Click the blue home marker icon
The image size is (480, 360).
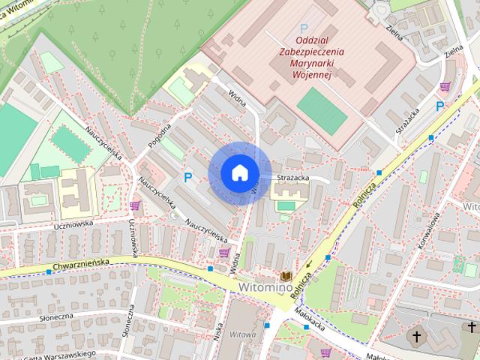click(x=239, y=173)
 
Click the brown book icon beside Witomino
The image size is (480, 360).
click(x=286, y=276)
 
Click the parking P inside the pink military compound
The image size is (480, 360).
click(x=304, y=28)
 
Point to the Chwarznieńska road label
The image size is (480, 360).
click(x=82, y=263)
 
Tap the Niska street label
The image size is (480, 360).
click(x=219, y=331)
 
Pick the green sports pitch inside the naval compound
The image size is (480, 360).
click(x=322, y=111)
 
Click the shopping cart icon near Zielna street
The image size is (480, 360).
click(x=445, y=86)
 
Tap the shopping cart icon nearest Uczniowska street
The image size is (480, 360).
click(x=135, y=205)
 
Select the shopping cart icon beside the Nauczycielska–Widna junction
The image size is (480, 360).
click(x=223, y=252)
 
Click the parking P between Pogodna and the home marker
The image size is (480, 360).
click(x=187, y=177)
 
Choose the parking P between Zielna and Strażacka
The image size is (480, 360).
click(x=439, y=106)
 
